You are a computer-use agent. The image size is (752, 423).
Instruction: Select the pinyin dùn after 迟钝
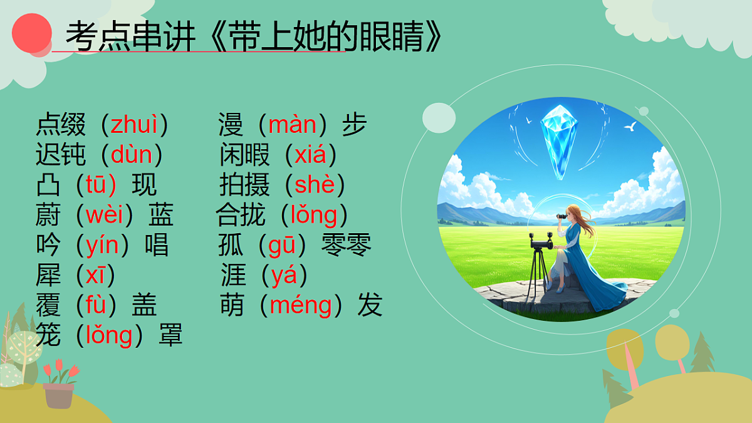[x=131, y=154]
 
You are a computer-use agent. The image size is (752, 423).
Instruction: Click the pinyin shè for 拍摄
[x=315, y=185]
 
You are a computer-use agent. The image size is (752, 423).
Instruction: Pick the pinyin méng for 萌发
[x=300, y=306]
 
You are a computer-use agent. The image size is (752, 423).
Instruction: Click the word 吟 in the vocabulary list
[x=48, y=246]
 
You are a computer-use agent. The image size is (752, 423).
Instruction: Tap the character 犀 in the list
[x=48, y=276]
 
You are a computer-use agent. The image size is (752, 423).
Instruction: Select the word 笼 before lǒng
[x=48, y=336]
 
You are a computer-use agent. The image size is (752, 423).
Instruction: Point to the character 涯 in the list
[x=232, y=276]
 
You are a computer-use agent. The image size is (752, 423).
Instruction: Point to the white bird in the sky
[x=630, y=127]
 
